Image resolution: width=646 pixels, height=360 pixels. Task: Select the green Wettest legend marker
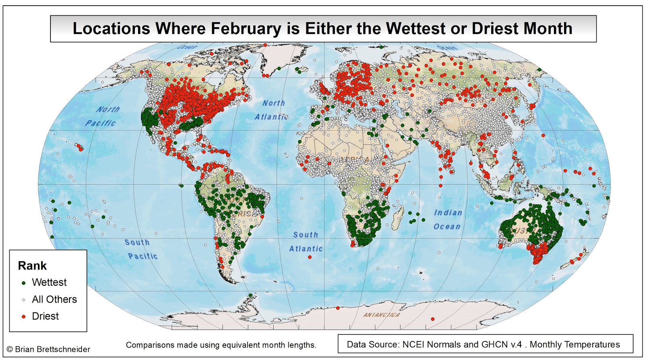[23, 283]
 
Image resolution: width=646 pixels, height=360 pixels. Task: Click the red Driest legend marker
[23, 316]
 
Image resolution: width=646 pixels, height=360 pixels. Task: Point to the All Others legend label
[54, 299]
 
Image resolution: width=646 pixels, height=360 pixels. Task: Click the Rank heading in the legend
[32, 266]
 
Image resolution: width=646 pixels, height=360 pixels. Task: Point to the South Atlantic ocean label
[306, 242]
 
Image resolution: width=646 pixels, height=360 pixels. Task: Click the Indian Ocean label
[447, 219]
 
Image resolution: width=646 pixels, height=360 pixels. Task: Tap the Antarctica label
[381, 315]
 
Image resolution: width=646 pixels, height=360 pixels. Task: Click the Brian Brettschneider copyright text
[48, 349]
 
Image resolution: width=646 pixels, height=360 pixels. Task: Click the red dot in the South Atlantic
[310, 257]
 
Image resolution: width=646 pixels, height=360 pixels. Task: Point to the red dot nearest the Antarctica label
[338, 308]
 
